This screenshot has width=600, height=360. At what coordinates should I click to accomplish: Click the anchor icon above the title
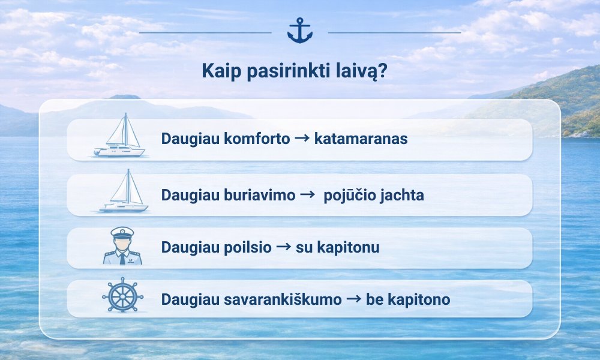click(300, 30)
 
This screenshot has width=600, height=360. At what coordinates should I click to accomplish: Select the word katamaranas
click(361, 139)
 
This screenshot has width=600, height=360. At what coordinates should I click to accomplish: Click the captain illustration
click(122, 245)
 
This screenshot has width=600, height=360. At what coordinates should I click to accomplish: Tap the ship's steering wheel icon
click(122, 295)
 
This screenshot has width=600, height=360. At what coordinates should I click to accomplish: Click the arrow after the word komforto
click(302, 138)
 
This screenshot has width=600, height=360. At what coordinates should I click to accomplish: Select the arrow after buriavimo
click(308, 194)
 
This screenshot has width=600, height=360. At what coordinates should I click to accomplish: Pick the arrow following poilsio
click(284, 247)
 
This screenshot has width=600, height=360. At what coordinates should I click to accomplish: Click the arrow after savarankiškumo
click(353, 298)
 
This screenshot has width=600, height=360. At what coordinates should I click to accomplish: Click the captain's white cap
click(122, 233)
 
